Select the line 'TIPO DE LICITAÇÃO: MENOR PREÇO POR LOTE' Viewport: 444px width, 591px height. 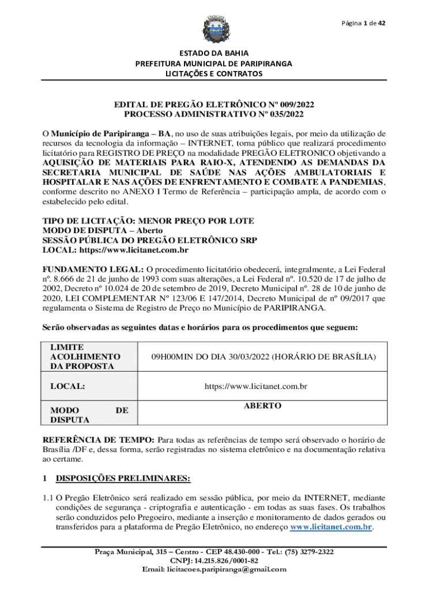[x=148, y=221]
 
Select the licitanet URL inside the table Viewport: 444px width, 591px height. [x=262, y=386]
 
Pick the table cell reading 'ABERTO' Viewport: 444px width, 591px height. [x=262, y=406]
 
